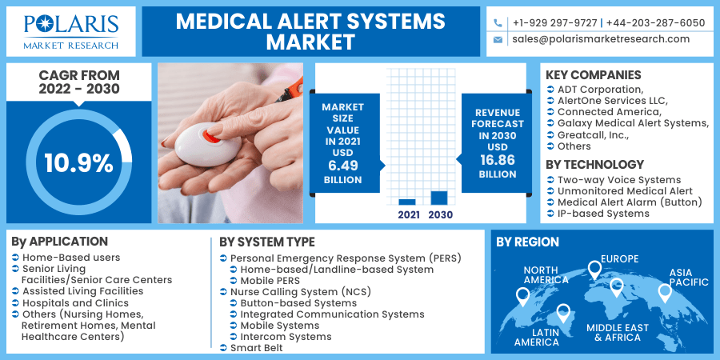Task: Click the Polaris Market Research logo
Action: pyautogui.click(x=71, y=32)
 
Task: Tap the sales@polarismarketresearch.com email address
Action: pyautogui.click(x=601, y=39)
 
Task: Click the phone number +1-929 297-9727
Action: pyautogui.click(x=555, y=22)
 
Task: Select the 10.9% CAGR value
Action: pyautogui.click(x=78, y=163)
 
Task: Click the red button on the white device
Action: pyautogui.click(x=211, y=136)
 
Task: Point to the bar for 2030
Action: pyautogui.click(x=439, y=198)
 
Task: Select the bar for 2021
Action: pyautogui.click(x=407, y=202)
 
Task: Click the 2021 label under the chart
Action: pyautogui.click(x=409, y=214)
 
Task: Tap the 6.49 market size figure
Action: pyautogui.click(x=343, y=166)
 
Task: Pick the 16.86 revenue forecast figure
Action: pyautogui.click(x=498, y=160)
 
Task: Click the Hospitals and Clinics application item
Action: pyautogui.click(x=76, y=303)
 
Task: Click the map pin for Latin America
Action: pyautogui.click(x=563, y=313)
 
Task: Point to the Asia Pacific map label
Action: pyautogui.click(x=688, y=278)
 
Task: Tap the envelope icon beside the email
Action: pyautogui.click(x=498, y=40)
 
